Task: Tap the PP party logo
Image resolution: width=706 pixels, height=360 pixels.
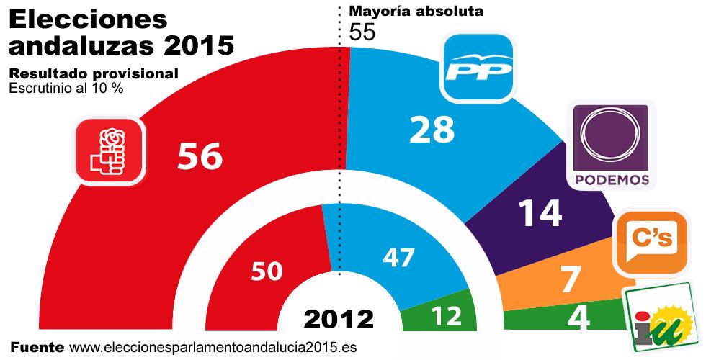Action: click(x=478, y=68)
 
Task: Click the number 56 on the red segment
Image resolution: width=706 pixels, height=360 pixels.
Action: click(x=201, y=155)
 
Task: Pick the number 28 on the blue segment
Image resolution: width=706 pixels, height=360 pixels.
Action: click(x=432, y=130)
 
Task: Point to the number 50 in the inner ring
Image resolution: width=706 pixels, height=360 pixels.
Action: click(x=267, y=271)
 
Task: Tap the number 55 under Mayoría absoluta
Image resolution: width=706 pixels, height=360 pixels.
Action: click(x=362, y=32)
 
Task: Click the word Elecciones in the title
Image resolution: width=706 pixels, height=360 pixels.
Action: click(x=88, y=19)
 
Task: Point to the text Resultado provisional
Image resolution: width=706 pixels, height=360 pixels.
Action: click(x=93, y=74)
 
